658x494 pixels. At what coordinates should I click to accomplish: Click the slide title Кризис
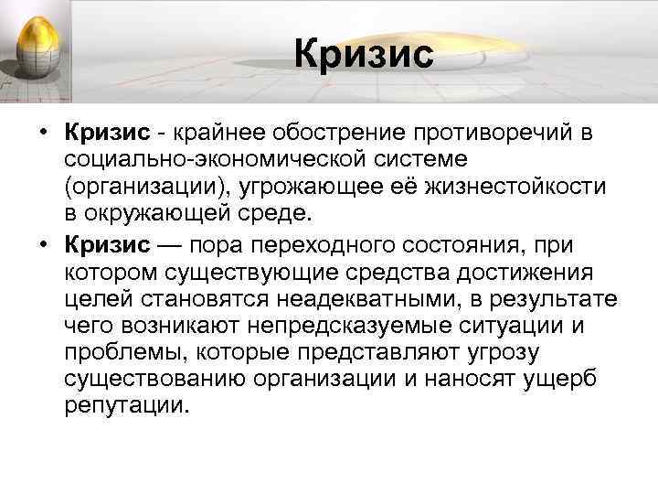363,53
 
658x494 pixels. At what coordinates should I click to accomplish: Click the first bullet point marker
44,134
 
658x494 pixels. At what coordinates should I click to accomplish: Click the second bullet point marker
44,244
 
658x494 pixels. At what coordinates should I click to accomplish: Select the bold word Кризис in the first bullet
106,134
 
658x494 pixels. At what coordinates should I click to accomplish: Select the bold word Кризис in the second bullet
106,244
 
